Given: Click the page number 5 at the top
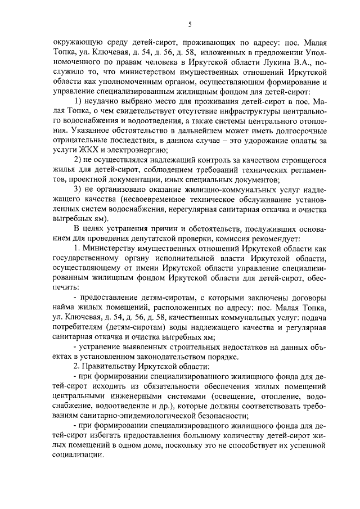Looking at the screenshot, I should pos(190,24).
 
